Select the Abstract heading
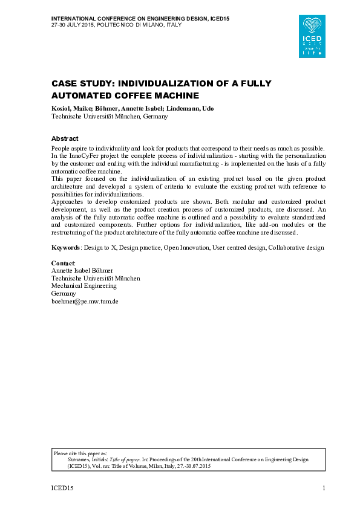pos(65,138)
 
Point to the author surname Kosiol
pos(62,108)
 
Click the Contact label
pos(63,264)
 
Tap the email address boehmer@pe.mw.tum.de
pos(85,300)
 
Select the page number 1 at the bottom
pos(324,488)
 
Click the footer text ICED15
pos(62,488)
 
